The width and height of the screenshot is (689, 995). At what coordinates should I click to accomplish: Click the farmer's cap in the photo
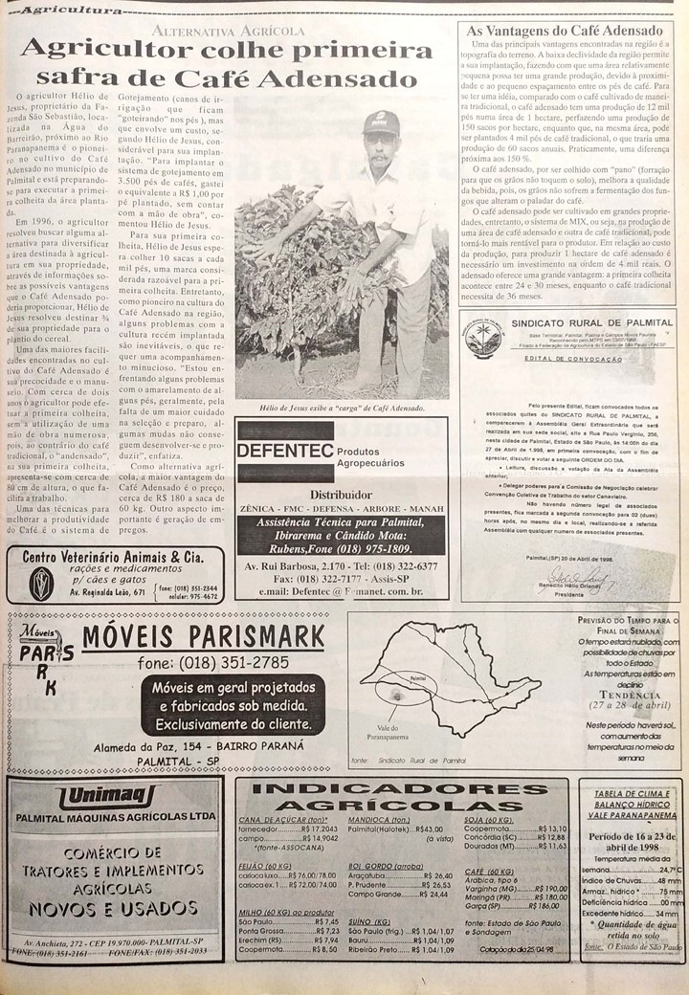click(381, 122)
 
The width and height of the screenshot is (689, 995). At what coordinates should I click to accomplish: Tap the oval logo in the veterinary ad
click(41, 582)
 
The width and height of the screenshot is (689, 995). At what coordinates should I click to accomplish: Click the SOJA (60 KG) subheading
click(489, 820)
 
